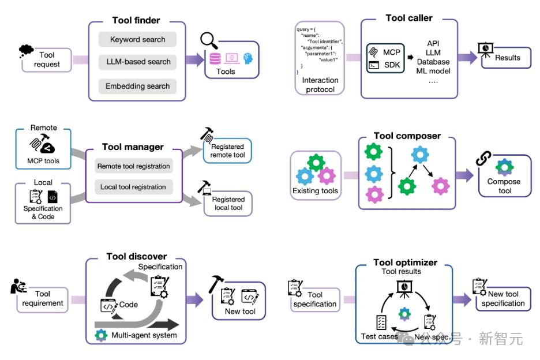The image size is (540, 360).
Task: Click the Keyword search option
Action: [137, 40]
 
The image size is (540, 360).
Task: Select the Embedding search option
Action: [137, 86]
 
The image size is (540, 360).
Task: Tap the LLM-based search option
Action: [138, 62]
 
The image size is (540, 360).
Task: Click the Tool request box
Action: [47, 59]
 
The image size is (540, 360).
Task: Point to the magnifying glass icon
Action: [209, 41]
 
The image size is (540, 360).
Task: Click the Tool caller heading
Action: [408, 18]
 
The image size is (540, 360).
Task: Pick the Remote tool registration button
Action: [133, 166]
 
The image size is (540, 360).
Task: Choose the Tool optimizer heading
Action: [405, 262]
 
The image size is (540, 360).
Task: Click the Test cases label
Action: [377, 336]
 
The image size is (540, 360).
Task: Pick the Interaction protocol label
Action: [320, 85]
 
